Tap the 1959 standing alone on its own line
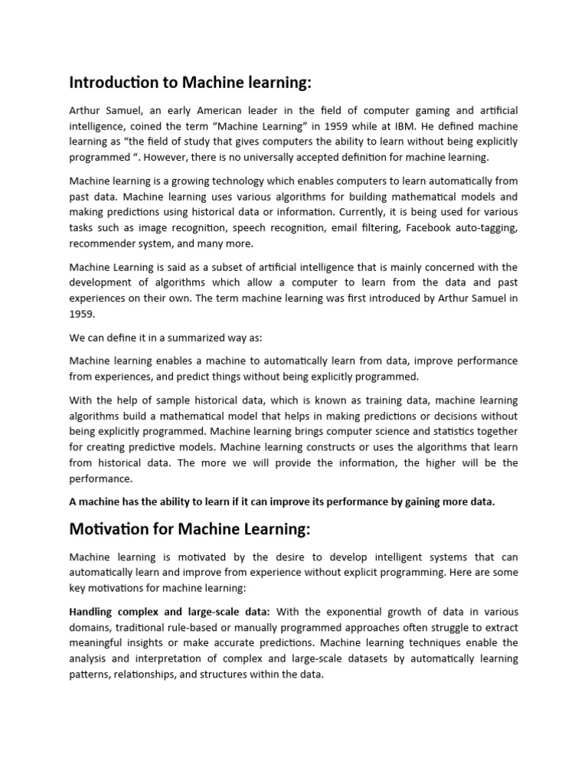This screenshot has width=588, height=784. coord(82,315)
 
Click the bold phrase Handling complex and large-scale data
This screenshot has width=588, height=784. coord(169,612)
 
